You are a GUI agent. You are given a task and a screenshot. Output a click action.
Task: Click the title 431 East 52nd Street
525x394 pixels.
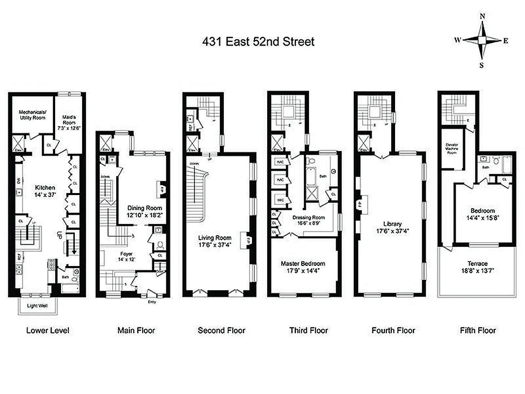[258, 42]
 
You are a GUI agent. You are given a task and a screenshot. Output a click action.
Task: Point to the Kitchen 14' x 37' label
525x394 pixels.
[45, 191]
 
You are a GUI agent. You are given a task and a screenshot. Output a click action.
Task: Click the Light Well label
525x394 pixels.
[38, 306]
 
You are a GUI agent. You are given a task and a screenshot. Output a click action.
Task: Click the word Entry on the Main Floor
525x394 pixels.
[152, 301]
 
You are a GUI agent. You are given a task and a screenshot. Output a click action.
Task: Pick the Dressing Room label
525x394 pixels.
[309, 220]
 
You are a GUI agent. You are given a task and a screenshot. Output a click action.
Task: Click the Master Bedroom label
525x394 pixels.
[303, 266]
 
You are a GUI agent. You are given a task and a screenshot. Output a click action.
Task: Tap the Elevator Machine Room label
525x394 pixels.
[451, 148]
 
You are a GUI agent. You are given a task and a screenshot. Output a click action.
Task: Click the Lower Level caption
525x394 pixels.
[48, 330]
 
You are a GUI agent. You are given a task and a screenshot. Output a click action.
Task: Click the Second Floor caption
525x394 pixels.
[221, 330]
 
